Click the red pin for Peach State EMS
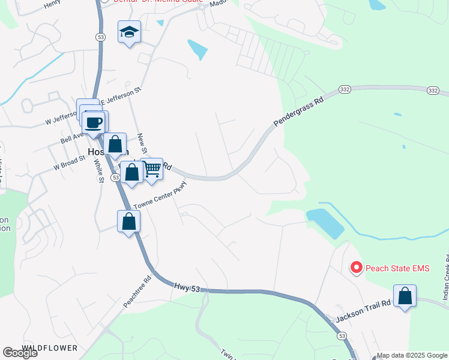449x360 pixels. pos(356,268)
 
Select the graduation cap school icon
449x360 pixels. pos(129,32)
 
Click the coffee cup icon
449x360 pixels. pos(94,123)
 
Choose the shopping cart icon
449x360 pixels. pos(152,170)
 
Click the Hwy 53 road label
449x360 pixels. pos(187,288)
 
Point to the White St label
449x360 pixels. pos(100,169)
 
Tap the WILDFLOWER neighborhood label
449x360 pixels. pos(50,348)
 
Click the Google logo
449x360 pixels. pos(20,353)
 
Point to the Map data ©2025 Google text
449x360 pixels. pos(412,355)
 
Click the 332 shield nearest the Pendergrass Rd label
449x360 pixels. pos(344,89)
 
